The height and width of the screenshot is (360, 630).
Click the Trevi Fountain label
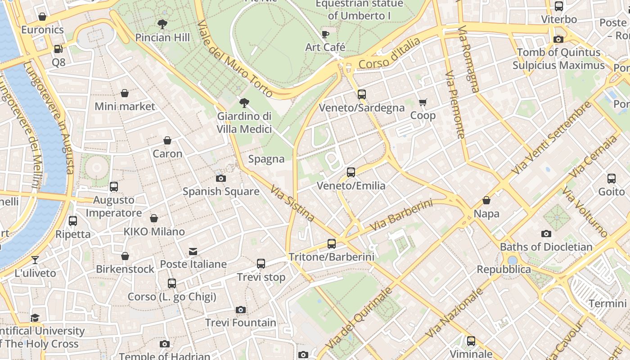pyautogui.click(x=241, y=323)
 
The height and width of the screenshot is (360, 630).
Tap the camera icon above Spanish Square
pyautogui.click(x=220, y=178)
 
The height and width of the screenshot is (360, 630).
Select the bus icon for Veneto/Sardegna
pyautogui.click(x=362, y=94)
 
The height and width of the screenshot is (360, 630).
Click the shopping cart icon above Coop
pyautogui.click(x=423, y=103)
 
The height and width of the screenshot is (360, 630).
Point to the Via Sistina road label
pyautogui.click(x=292, y=203)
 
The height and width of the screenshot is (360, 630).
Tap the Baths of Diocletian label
pyautogui.click(x=546, y=247)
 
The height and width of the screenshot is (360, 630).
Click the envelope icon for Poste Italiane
pyautogui.click(x=193, y=251)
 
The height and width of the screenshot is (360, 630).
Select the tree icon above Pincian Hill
pyautogui.click(x=162, y=24)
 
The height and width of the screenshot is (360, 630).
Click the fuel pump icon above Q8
pyautogui.click(x=58, y=49)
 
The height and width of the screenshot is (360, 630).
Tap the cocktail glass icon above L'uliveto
pyautogui.click(x=35, y=260)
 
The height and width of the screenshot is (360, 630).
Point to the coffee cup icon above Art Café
pyautogui.click(x=325, y=34)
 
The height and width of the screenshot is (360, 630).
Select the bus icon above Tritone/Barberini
pyautogui.click(x=332, y=244)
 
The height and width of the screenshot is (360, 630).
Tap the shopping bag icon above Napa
pyautogui.click(x=486, y=200)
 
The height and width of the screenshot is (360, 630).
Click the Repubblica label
pyautogui.click(x=504, y=270)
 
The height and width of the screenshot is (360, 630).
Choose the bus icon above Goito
pyautogui.click(x=612, y=179)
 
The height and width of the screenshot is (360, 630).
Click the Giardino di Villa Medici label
pyautogui.click(x=244, y=123)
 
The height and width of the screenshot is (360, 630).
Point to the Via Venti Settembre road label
pyautogui.click(x=551, y=138)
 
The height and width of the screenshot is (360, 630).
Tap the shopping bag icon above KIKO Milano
pyautogui.click(x=154, y=218)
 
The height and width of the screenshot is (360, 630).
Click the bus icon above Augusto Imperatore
pyautogui.click(x=114, y=186)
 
